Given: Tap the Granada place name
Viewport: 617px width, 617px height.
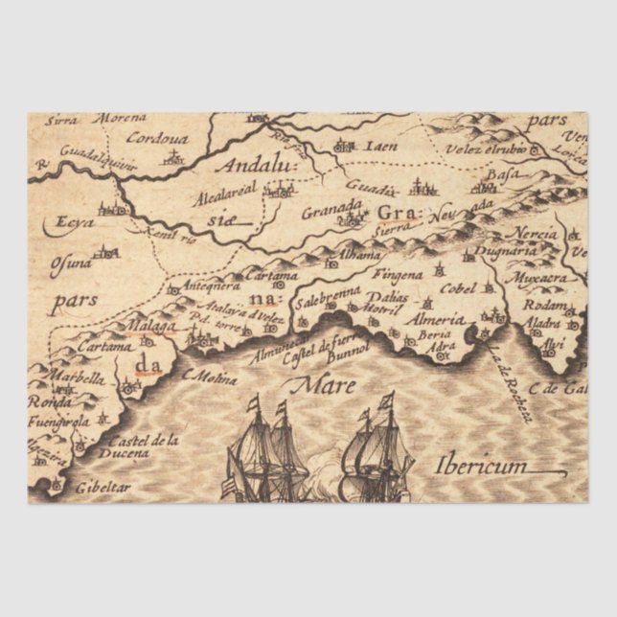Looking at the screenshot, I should (332, 209).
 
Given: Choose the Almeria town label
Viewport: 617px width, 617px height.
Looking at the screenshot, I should (434, 319).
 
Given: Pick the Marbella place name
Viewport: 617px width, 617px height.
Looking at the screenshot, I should (77, 377).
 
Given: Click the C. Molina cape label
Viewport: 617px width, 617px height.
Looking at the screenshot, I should (209, 377).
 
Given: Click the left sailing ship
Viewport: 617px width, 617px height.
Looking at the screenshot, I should (267, 450).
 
